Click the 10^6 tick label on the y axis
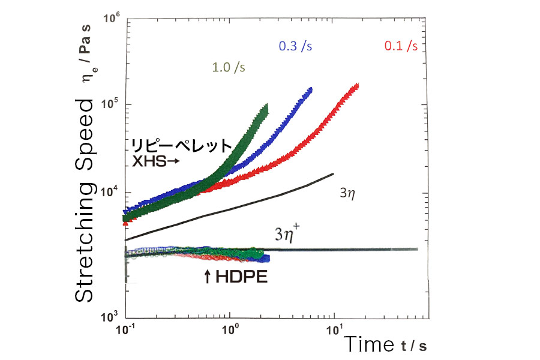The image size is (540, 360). point(112,18)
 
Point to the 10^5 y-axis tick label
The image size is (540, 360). point(112,104)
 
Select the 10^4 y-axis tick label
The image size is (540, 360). point(112,193)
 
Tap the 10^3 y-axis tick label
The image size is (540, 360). point(112,317)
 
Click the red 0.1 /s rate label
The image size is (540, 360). point(401,46)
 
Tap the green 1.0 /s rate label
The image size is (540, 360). point(229,67)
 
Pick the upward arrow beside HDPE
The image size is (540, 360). point(208,277)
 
